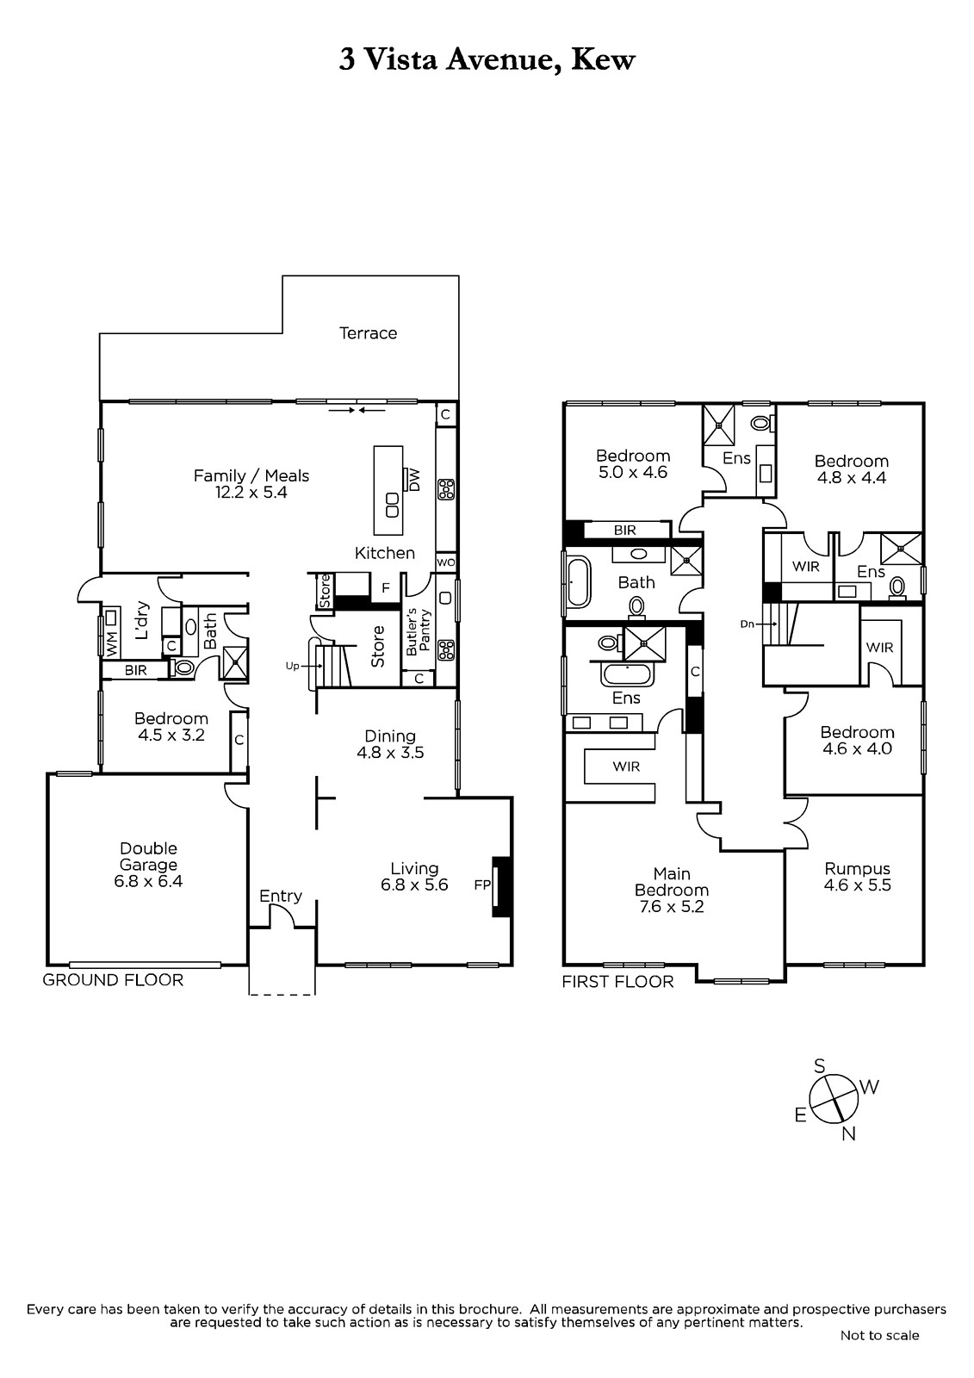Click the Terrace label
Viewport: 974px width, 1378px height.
(368, 333)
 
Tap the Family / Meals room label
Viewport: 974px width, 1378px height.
(251, 475)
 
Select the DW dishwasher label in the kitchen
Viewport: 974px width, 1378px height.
(414, 479)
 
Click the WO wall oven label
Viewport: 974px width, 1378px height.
(445, 562)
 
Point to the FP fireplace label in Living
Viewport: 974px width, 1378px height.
(482, 885)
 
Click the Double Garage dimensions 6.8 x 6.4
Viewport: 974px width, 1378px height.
(148, 881)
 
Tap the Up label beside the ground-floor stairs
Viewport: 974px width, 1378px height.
(292, 666)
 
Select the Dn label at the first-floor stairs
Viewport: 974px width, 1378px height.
(747, 624)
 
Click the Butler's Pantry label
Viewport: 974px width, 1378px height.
(419, 632)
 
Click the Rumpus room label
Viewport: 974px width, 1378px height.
(857, 869)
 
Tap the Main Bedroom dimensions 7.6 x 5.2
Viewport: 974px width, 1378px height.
(671, 907)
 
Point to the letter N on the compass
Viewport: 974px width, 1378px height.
(848, 1133)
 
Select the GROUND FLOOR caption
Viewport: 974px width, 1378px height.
(113, 980)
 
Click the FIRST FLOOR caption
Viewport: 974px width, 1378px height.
(617, 982)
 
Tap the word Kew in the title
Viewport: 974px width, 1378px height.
(603, 60)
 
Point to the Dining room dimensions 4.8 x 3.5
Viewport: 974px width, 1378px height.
(390, 753)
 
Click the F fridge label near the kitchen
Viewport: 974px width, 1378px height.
(386, 588)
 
